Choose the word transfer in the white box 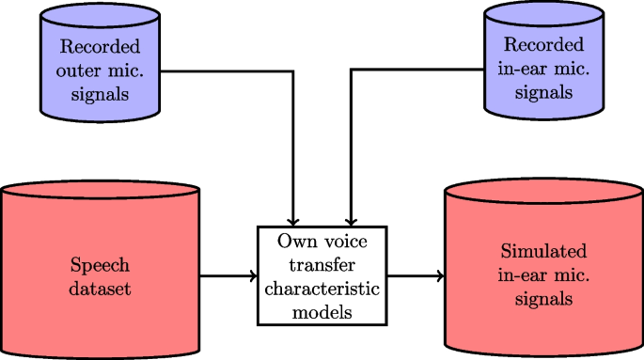(322, 266)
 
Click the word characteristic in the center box (322, 290)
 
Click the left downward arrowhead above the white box (295, 218)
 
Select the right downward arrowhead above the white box (351, 218)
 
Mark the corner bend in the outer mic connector (295, 70)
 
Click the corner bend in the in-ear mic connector (351, 70)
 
